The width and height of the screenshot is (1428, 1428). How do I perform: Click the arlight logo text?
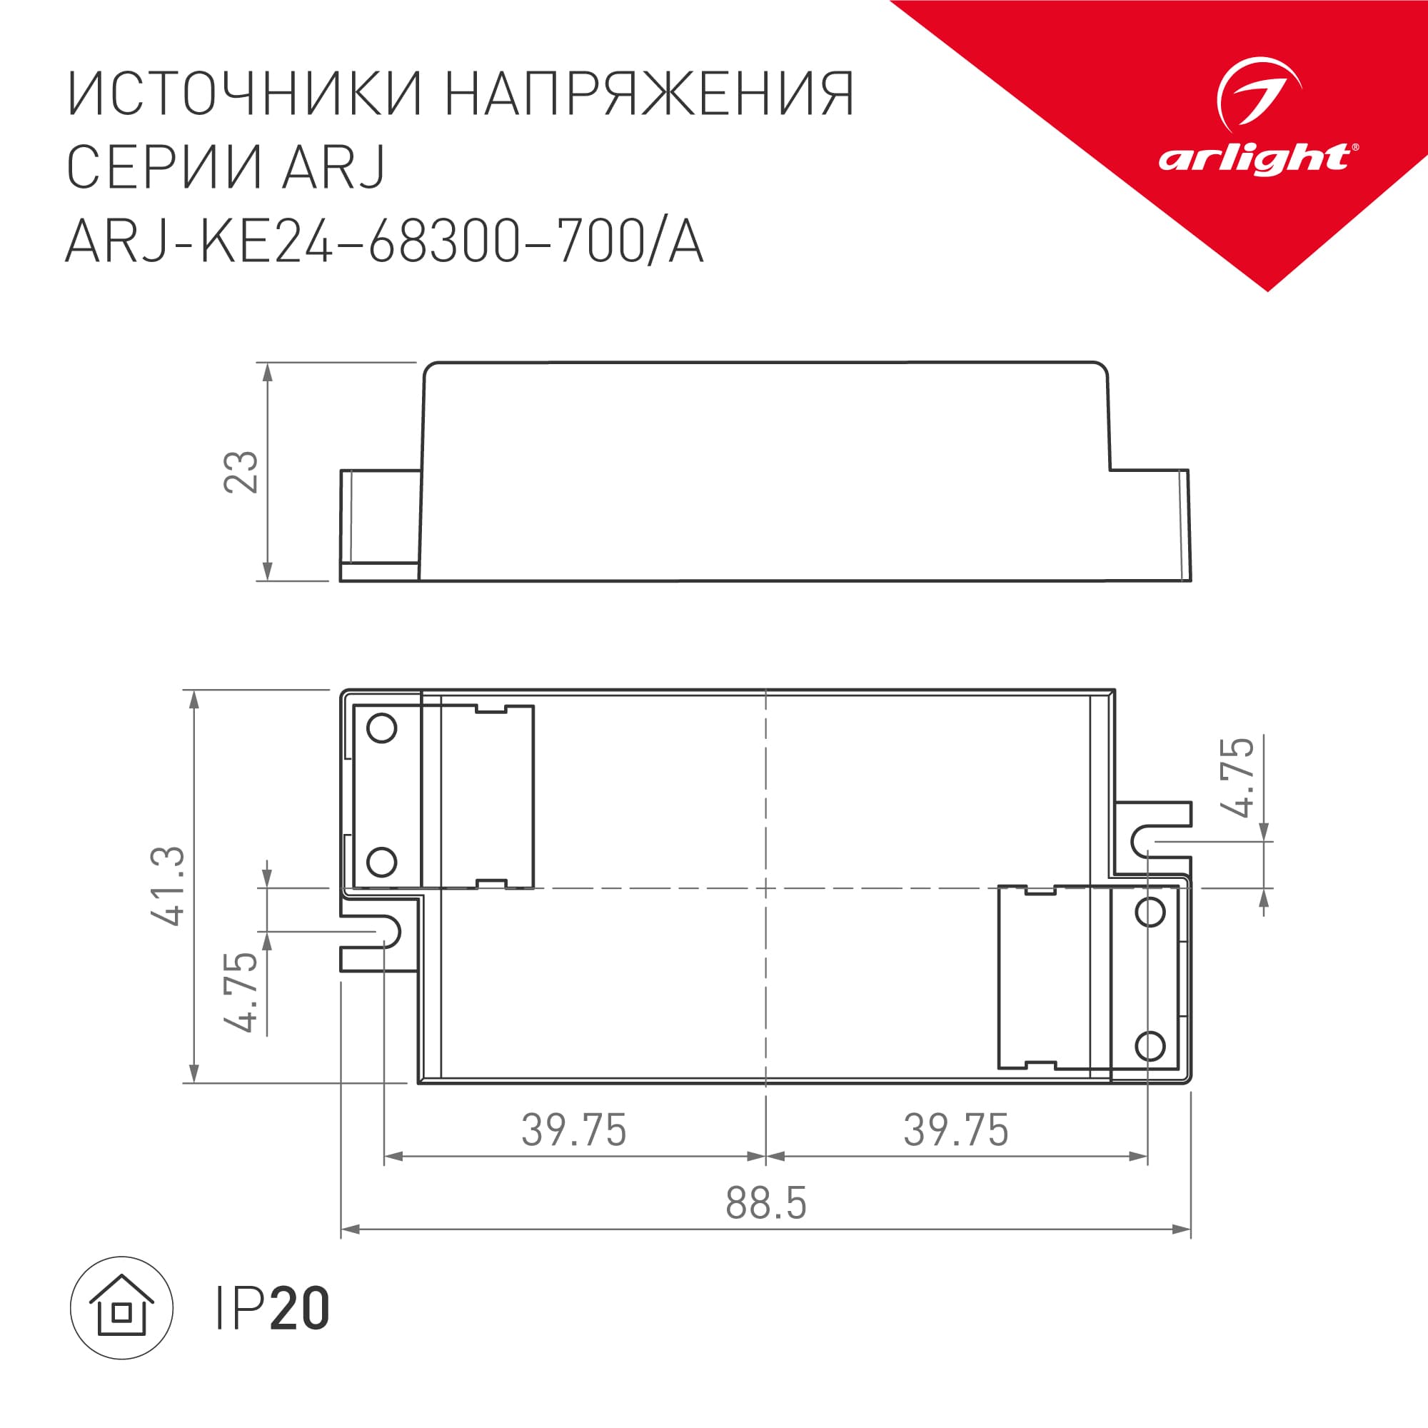pyautogui.click(x=1255, y=159)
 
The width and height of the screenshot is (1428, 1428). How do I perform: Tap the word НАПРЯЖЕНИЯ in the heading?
pyautogui.click(x=650, y=95)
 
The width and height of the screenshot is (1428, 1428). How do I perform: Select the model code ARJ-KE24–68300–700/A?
pyautogui.click(x=384, y=243)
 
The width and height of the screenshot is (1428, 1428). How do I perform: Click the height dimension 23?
pyautogui.click(x=242, y=471)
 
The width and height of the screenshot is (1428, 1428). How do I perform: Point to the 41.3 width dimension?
pyautogui.click(x=168, y=886)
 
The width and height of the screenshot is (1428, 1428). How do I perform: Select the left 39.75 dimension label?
pyautogui.click(x=573, y=1130)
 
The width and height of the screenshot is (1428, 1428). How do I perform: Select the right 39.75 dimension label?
pyautogui.click(x=956, y=1130)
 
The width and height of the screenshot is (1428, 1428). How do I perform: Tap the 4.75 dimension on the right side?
pyautogui.click(x=1239, y=777)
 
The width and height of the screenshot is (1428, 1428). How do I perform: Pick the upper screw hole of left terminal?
pyautogui.click(x=381, y=728)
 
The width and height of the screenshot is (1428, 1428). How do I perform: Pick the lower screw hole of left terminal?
pyautogui.click(x=381, y=862)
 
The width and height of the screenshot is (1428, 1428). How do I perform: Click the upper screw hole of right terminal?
pyautogui.click(x=1150, y=912)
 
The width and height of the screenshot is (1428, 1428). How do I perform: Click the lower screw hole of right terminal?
pyautogui.click(x=1150, y=1046)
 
